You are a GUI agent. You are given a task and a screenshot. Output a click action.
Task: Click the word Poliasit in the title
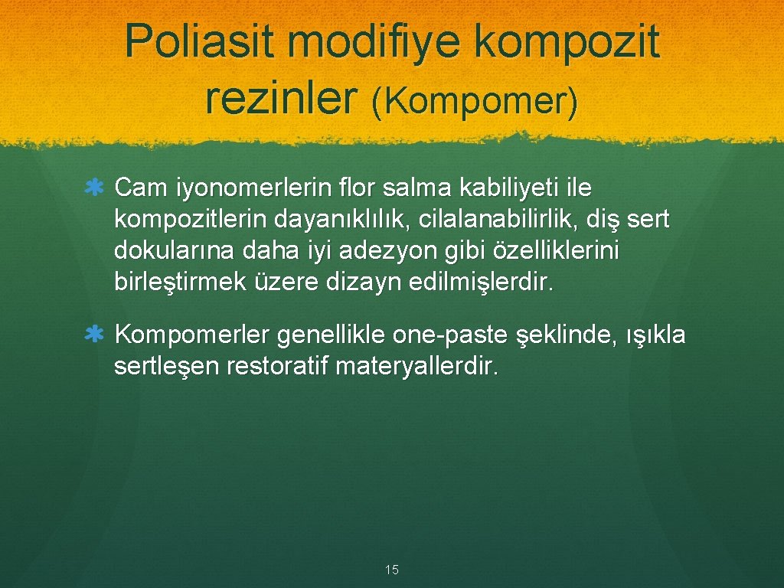pyautogui.click(x=199, y=41)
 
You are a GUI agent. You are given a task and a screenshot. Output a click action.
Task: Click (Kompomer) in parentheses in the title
pyautogui.click(x=475, y=102)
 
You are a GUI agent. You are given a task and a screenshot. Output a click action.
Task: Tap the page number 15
pyautogui.click(x=392, y=570)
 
